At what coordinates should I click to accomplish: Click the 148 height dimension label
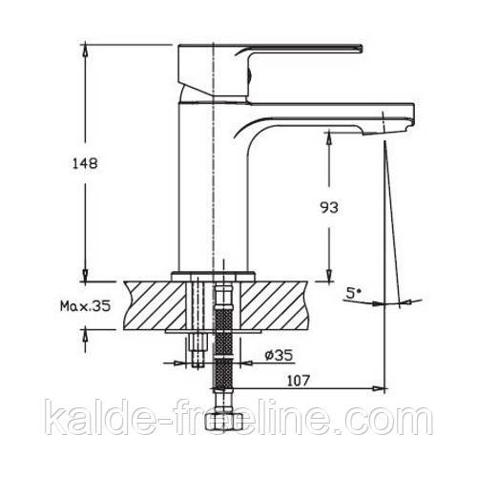[85, 164]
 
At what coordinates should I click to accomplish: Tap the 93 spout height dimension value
[329, 208]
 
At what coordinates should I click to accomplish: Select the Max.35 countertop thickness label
[86, 306]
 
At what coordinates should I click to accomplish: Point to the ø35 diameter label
[279, 356]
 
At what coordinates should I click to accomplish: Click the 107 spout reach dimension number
[299, 381]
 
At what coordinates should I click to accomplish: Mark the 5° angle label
[352, 294]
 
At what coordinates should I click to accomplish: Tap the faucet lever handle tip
[362, 49]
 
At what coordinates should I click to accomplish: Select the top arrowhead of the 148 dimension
[85, 51]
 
